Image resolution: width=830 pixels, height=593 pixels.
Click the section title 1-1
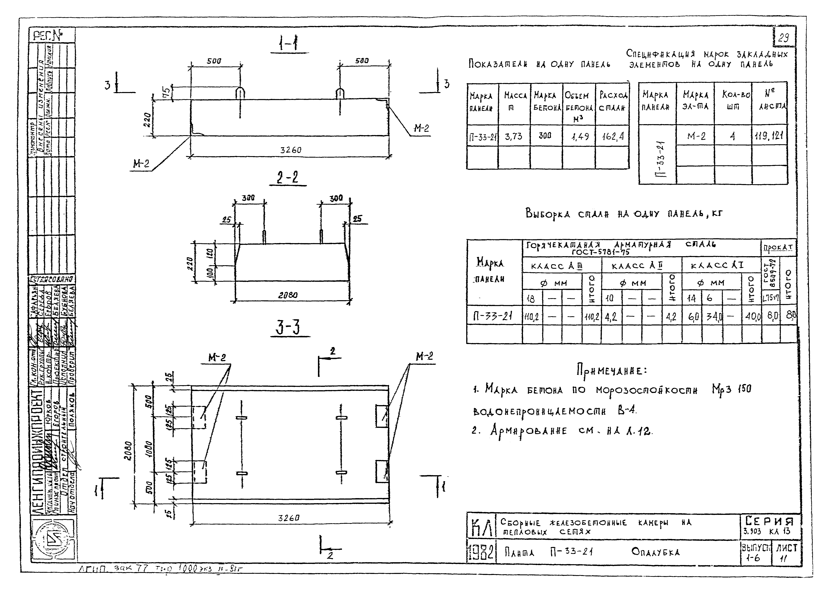click(288, 45)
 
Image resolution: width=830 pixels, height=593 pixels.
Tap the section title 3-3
click(288, 327)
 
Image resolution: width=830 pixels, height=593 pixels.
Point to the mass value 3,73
click(513, 137)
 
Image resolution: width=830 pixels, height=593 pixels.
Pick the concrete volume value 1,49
click(579, 137)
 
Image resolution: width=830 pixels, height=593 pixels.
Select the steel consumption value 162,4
click(613, 137)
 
